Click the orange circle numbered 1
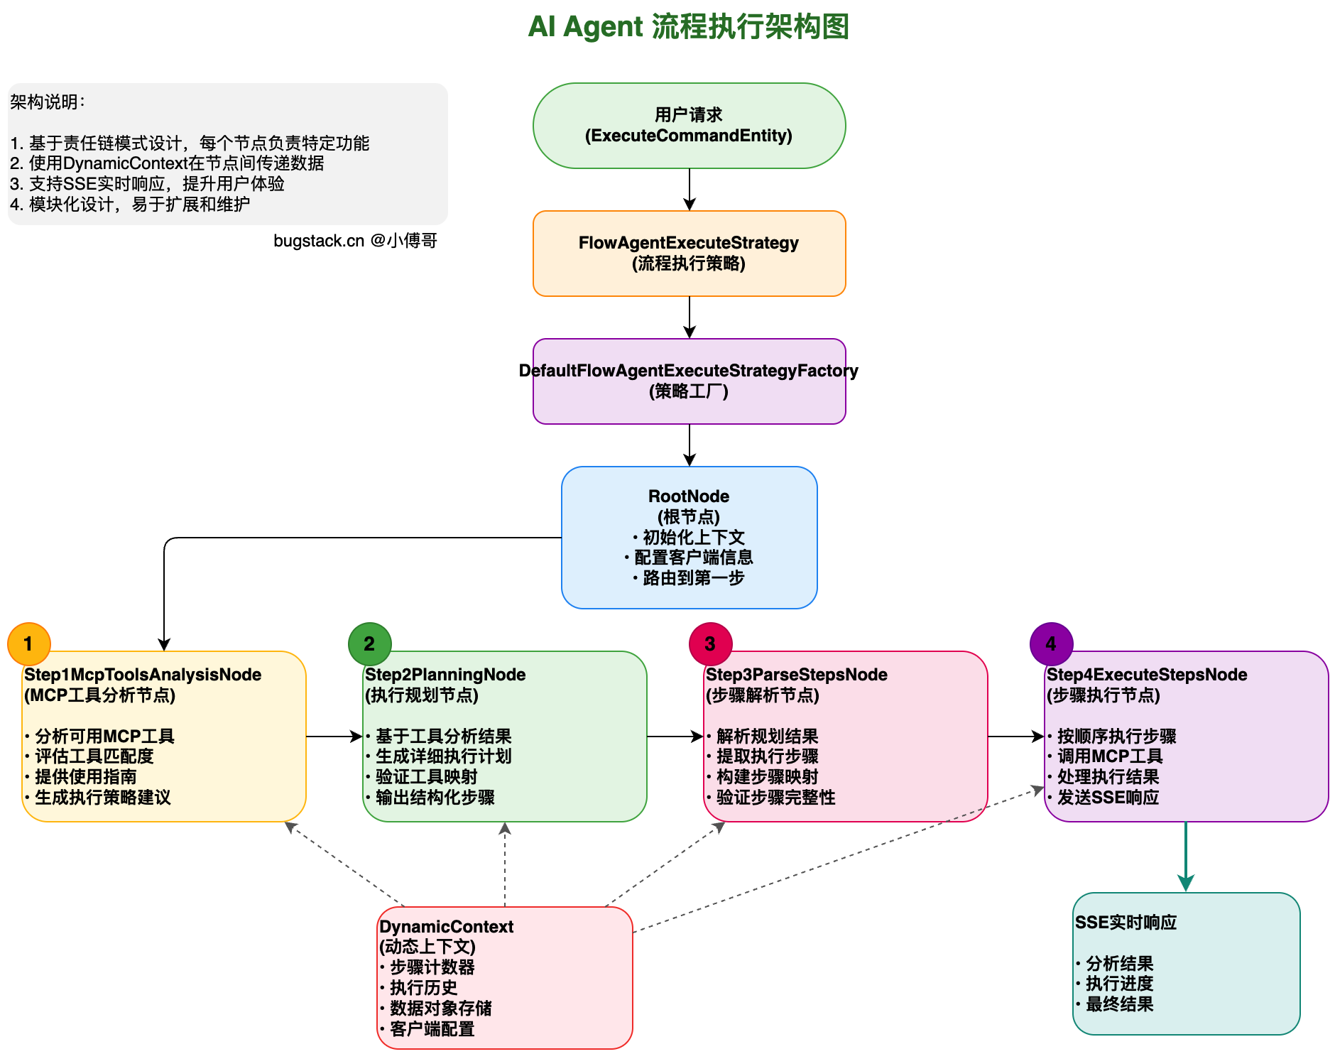(28, 643)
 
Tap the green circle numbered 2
(369, 643)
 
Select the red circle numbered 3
(710, 643)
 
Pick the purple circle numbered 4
(1051, 643)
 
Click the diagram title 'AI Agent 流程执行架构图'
(688, 27)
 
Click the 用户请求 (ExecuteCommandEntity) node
(689, 126)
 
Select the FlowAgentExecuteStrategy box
(689, 253)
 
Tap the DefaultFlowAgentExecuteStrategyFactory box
(689, 381)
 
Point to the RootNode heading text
(689, 496)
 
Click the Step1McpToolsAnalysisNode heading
(143, 675)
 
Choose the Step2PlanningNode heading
(445, 675)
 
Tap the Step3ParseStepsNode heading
(796, 675)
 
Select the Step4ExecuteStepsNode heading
(1147, 675)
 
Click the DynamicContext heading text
(446, 927)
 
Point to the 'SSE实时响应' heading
(1126, 923)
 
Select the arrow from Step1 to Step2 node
(334, 737)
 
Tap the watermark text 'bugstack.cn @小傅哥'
(355, 241)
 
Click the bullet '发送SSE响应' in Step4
(1108, 798)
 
